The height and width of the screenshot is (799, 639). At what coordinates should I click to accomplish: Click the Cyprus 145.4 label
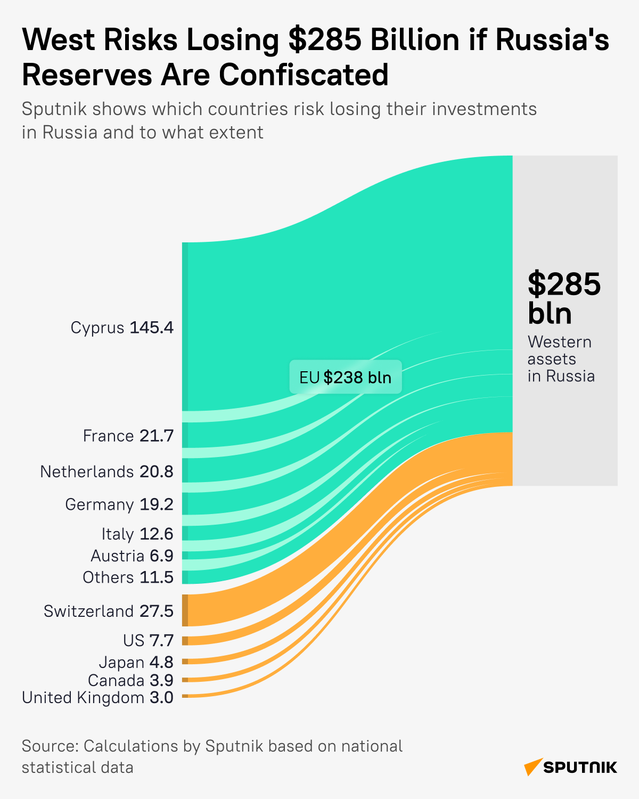pyautogui.click(x=122, y=327)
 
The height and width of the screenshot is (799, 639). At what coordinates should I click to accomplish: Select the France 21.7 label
pyautogui.click(x=128, y=436)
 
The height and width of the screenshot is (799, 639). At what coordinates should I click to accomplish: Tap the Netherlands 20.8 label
pyautogui.click(x=106, y=472)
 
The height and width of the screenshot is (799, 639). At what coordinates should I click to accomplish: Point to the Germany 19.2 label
pyautogui.click(x=119, y=504)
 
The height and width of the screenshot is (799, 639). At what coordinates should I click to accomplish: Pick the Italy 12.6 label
pyautogui.click(x=137, y=534)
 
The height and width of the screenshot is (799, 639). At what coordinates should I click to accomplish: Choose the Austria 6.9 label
pyautogui.click(x=132, y=556)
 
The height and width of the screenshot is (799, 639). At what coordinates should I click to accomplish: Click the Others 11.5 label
pyautogui.click(x=128, y=577)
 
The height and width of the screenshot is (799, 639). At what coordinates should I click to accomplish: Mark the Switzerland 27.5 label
pyautogui.click(x=109, y=611)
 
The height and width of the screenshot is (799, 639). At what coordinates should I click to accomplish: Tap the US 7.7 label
pyautogui.click(x=148, y=640)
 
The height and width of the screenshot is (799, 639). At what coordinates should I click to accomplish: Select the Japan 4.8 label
pyautogui.click(x=136, y=662)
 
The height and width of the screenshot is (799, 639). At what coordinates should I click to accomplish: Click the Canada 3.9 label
pyautogui.click(x=130, y=680)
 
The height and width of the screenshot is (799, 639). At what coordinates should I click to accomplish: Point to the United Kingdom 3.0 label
pyautogui.click(x=97, y=698)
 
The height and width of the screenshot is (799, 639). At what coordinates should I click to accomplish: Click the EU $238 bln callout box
pyautogui.click(x=346, y=377)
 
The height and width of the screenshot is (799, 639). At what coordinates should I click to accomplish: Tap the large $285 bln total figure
pyautogui.click(x=563, y=298)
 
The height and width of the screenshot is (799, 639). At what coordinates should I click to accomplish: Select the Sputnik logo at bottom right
pyautogui.click(x=570, y=767)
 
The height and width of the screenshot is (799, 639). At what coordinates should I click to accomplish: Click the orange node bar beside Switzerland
pyautogui.click(x=185, y=610)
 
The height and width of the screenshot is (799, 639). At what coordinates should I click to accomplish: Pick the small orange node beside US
pyautogui.click(x=185, y=641)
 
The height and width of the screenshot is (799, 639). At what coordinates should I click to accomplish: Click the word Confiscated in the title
pyautogui.click(x=304, y=75)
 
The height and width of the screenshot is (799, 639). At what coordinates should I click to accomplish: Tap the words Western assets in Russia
pyautogui.click(x=560, y=359)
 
